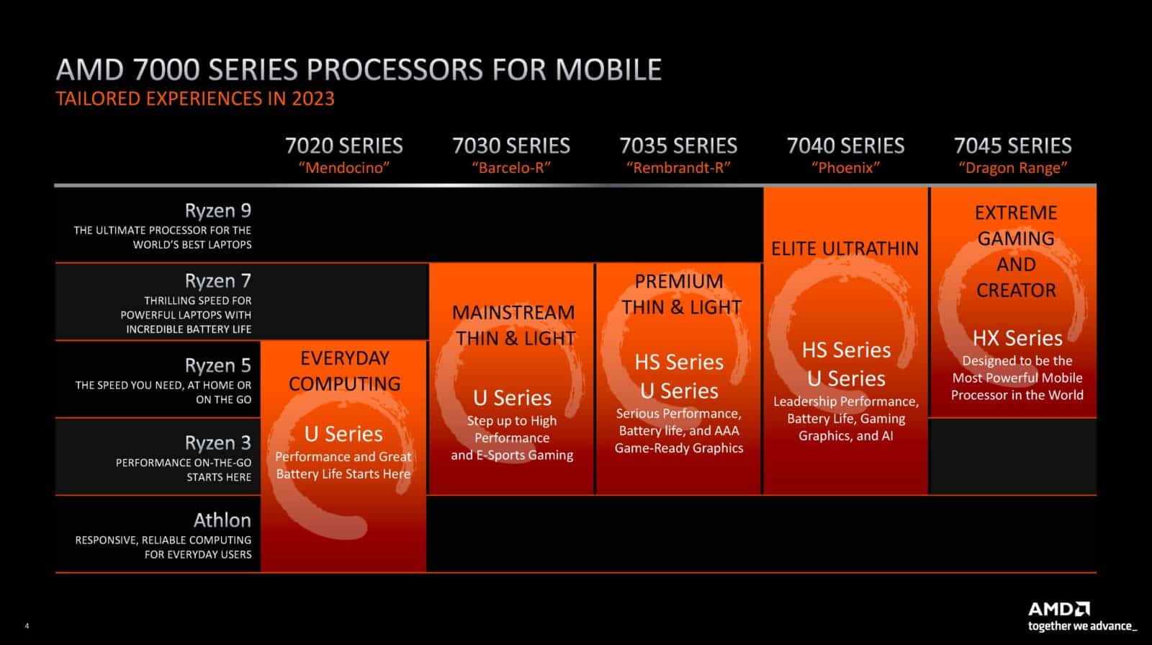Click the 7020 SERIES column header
click(343, 146)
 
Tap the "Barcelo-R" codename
click(511, 169)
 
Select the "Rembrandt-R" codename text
click(678, 169)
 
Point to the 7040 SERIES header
click(845, 146)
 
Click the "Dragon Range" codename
click(1012, 169)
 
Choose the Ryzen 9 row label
click(217, 210)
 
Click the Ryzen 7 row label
click(217, 280)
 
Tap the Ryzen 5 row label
click(217, 365)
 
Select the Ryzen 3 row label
click(217, 442)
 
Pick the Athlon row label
click(222, 520)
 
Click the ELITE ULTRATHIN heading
click(845, 249)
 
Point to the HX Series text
click(1017, 338)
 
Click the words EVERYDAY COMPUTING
click(344, 370)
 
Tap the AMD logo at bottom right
click(1058, 609)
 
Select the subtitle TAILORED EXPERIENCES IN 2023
click(195, 99)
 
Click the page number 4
click(27, 626)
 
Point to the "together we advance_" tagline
click(1082, 626)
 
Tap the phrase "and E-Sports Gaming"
click(512, 455)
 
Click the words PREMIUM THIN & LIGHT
click(680, 294)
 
